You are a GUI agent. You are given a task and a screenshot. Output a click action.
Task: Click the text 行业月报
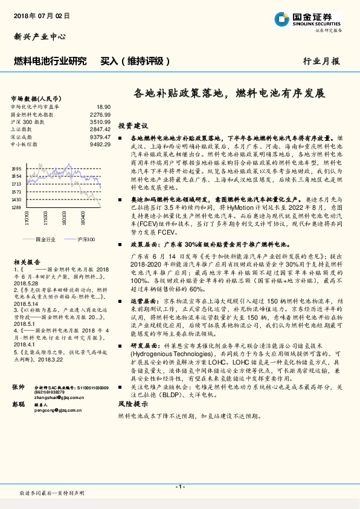[321, 62]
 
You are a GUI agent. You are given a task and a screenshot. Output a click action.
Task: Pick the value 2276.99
[100, 114]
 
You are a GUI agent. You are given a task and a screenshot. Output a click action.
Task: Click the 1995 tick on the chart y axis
[17, 169]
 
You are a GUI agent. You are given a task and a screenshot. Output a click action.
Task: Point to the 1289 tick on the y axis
[17, 207]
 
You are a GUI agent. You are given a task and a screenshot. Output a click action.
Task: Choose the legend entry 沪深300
[86, 240]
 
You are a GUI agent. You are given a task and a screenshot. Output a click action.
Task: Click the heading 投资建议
[133, 126]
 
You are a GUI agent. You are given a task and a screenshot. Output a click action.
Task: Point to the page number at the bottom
[179, 487]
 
